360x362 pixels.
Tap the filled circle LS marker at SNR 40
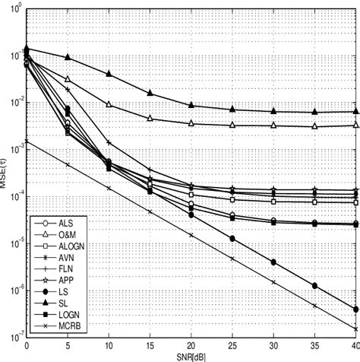(355, 309)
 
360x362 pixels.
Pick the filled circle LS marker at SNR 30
(273, 262)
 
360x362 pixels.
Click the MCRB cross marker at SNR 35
(314, 306)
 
